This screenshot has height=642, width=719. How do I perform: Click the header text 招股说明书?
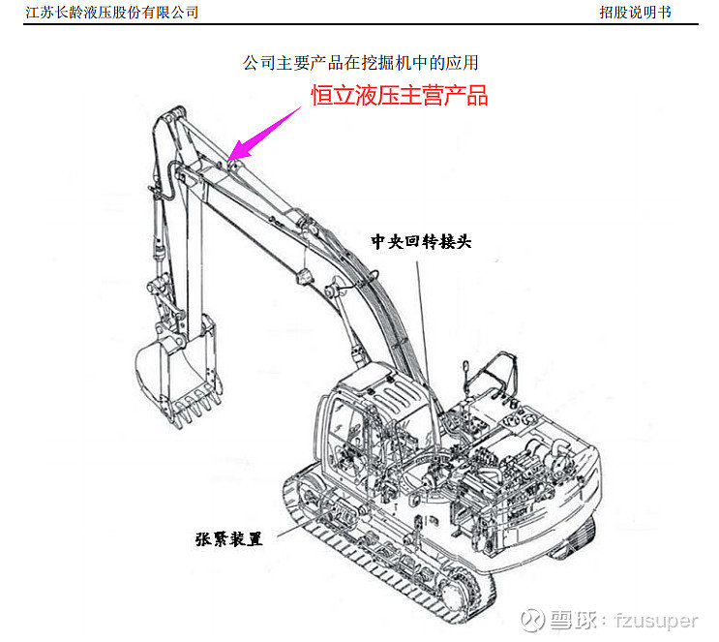coord(634,12)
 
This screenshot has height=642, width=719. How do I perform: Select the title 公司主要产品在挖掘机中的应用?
coord(360,63)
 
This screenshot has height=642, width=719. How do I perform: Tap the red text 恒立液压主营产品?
coord(399,96)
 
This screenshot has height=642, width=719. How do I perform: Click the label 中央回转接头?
coord(422,241)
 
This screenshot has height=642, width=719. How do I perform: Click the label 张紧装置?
coord(228,538)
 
